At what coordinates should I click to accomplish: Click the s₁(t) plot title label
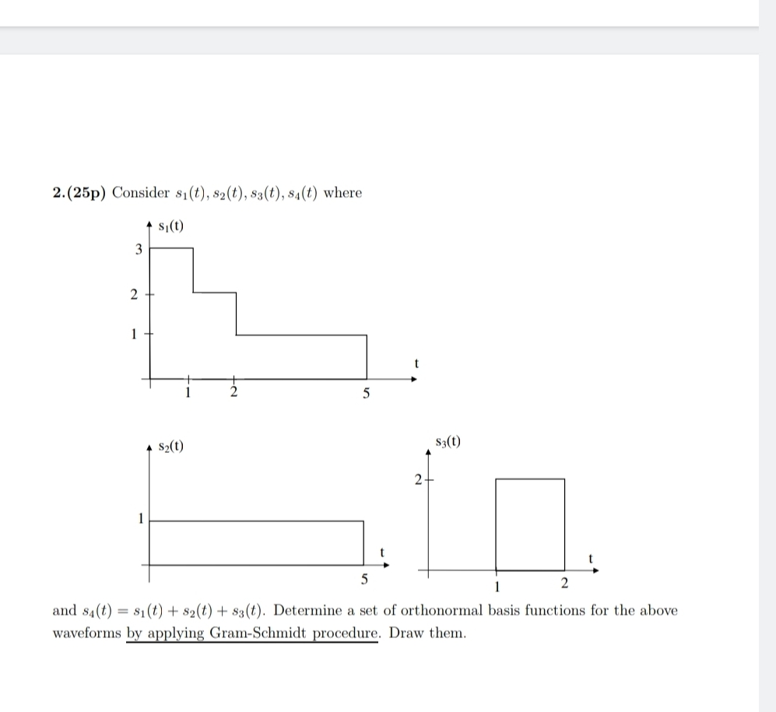click(171, 226)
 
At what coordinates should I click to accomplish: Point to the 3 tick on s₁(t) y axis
click(137, 249)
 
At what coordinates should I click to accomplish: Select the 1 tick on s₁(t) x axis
click(187, 392)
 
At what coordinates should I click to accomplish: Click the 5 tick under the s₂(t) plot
click(363, 580)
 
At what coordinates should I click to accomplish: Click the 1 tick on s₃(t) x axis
click(496, 584)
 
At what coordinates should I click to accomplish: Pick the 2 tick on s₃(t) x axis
click(564, 584)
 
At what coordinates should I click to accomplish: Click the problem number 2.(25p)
click(80, 193)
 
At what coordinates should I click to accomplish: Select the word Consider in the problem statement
click(140, 193)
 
